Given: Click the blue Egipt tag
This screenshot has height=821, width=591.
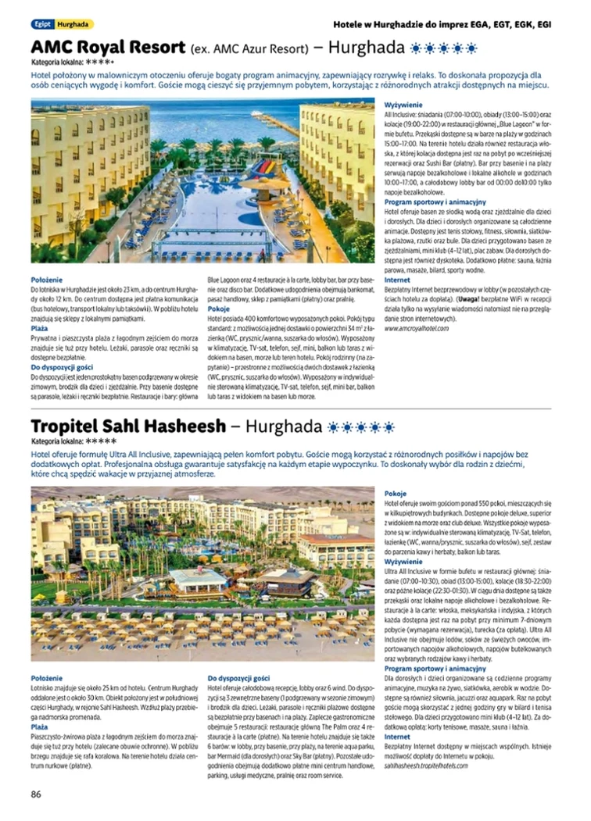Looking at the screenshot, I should point(41,24).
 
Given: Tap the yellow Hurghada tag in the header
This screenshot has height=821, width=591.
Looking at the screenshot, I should point(73,24).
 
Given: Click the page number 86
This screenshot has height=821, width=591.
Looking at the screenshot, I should point(36,794).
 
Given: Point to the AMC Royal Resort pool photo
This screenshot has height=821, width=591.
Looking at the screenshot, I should point(203,180).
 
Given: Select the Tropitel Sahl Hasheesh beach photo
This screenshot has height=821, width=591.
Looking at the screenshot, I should point(203,574).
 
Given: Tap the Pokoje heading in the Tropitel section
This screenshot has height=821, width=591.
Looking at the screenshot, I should point(396,494).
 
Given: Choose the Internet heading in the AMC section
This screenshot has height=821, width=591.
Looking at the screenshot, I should point(397,280).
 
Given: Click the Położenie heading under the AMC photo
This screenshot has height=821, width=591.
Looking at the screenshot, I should point(47,280).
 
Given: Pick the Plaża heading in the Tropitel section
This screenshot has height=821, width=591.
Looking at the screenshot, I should point(39,726).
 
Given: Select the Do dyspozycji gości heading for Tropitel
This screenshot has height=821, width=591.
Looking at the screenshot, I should point(238,678).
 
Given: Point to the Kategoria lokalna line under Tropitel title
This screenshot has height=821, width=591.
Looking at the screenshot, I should point(73,441).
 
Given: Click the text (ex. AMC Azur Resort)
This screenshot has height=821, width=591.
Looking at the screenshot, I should point(249,49).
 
